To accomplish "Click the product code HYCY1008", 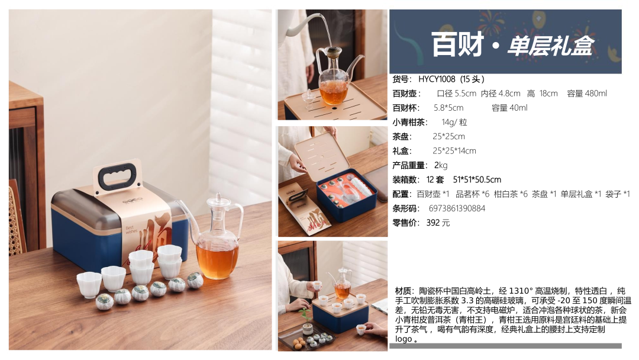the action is (437, 79).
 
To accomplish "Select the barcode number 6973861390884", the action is (457, 208).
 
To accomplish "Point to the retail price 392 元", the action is (438, 223).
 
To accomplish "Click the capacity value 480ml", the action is (596, 94).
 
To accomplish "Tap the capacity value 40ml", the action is (518, 108).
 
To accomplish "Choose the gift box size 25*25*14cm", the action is (454, 151).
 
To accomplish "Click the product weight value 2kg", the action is (441, 165).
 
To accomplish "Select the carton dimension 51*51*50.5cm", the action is (477, 179).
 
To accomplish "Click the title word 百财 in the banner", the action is (457, 44).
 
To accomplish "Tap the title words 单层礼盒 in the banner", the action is (550, 45).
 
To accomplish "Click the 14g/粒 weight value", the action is (454, 123).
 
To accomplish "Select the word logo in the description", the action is (404, 339).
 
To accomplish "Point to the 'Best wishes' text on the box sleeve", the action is (131, 230).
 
